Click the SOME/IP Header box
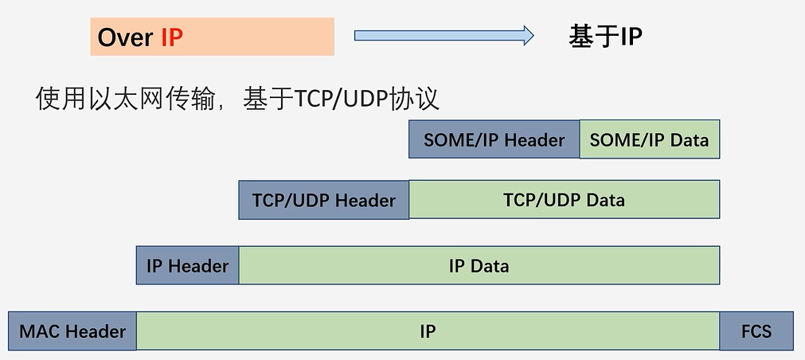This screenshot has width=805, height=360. coord(494,139)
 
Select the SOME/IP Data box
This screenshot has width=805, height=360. coord(649,139)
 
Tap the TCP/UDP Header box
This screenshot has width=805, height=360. coord(323,200)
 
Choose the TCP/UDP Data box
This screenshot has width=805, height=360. coord(564,200)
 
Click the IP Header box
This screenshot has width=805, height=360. coord(187,265)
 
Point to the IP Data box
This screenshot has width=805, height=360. coord(479,265)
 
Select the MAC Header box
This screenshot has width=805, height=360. coord(72,331)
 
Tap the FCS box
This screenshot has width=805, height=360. coord(756,331)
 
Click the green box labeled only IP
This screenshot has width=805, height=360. coord(428,331)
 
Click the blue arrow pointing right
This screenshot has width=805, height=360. coord(444,35)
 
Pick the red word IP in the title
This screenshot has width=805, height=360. coord(172,37)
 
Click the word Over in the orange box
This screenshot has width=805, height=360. coord(125,37)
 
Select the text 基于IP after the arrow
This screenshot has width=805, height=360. coord(605,36)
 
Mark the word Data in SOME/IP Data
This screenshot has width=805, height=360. coord(689,139)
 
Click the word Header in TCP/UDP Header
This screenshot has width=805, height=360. coord(365,200)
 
